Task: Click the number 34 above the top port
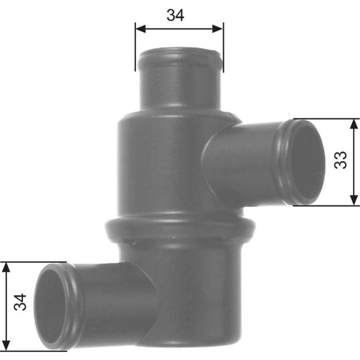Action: [175, 15]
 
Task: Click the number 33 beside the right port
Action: [340, 160]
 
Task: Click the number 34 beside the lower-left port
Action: [20, 302]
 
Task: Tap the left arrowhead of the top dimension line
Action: [141, 29]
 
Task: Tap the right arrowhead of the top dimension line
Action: [218, 29]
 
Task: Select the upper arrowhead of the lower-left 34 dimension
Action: [6, 267]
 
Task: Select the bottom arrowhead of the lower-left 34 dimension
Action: [6, 346]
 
